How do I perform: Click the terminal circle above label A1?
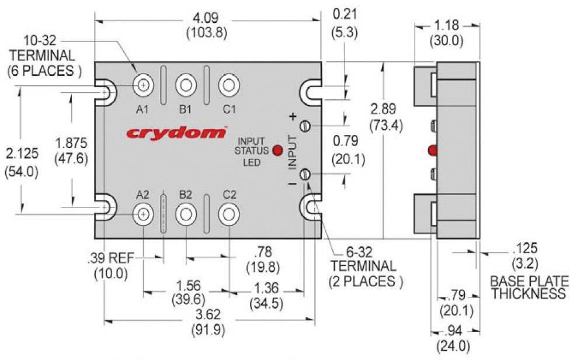[142, 85]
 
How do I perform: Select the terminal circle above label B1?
[186, 85]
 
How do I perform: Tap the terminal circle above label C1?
[229, 85]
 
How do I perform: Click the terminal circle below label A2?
[142, 215]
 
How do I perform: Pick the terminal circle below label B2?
[186, 215]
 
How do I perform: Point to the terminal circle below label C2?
[229, 215]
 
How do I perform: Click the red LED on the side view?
[432, 150]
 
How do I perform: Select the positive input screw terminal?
[304, 126]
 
